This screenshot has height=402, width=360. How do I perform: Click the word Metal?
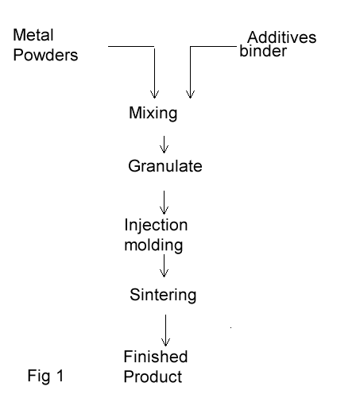pos(33,35)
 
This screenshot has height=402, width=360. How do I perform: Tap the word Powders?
pos(45,55)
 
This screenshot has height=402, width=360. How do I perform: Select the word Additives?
pos(282,37)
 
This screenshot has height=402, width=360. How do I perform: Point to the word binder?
pos(263,51)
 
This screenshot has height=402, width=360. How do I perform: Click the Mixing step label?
pos(153,113)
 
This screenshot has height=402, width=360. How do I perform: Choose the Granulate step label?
pos(165,166)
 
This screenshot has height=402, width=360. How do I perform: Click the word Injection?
pos(156,226)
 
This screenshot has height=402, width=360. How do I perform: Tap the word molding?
pos(153,245)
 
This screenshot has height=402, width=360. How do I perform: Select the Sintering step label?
pos(163,295)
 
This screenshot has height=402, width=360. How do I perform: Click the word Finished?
pos(156,357)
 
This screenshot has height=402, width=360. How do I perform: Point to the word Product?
pos(153,377)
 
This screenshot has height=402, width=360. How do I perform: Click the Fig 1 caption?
pos(45,376)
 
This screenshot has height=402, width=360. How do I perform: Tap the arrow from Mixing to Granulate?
pos(164,145)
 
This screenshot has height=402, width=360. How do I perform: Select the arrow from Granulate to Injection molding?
pos(164,203)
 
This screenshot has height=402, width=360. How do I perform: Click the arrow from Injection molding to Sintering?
pos(164,266)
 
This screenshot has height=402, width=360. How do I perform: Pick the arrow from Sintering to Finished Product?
pos(165,330)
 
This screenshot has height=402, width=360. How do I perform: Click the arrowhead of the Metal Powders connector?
pos(154,95)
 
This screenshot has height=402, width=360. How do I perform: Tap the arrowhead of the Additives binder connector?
pos(190,95)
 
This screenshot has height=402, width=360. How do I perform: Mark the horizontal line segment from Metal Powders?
pos(131,47)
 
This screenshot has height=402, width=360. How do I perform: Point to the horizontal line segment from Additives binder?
pos(213,47)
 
